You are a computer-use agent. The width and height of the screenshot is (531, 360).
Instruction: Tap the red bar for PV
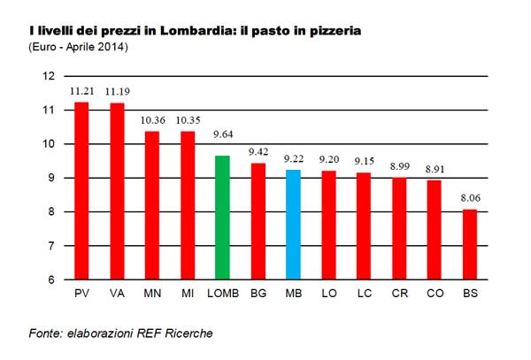click(x=81, y=190)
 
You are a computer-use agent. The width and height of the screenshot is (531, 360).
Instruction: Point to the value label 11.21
click(x=81, y=91)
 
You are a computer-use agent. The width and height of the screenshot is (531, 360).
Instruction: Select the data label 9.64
click(x=224, y=136)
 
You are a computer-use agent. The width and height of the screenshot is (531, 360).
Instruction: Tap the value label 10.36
click(x=152, y=119)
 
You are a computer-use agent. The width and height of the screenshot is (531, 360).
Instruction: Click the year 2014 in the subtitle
click(x=112, y=45)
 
